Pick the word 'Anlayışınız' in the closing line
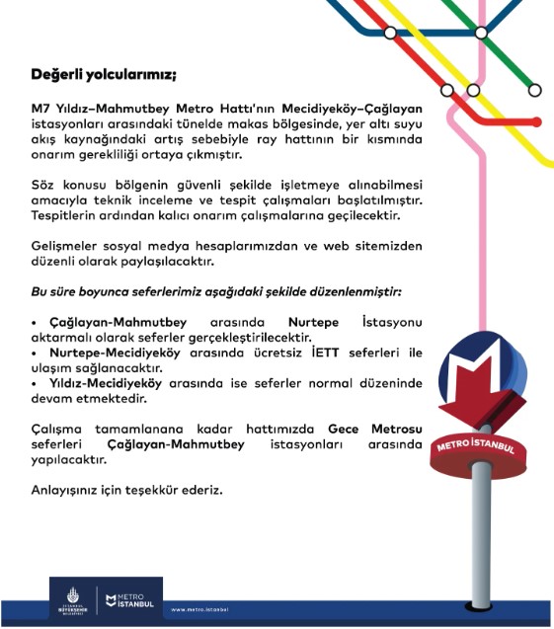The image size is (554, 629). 64,491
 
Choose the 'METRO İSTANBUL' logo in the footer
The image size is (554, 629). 129,599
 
